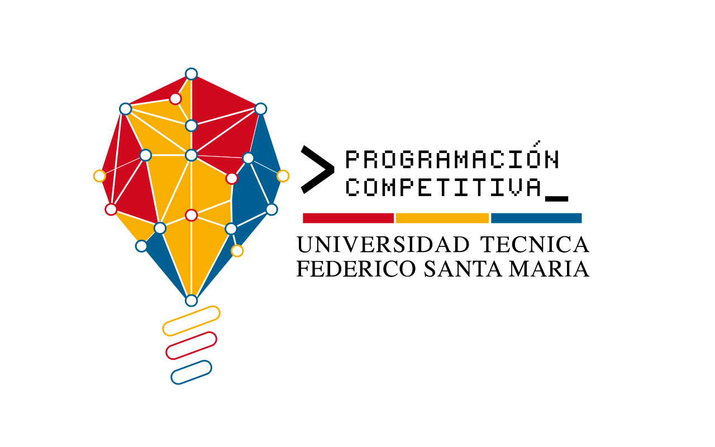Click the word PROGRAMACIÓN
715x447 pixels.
(x=451, y=160)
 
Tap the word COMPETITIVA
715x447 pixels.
(x=444, y=187)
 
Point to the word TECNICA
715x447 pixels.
(x=535, y=245)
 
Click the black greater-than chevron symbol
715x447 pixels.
(x=316, y=169)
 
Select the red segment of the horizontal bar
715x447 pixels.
(x=348, y=218)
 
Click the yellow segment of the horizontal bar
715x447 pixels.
(x=442, y=218)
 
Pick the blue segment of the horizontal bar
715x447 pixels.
(x=536, y=218)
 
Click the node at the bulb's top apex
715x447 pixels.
(x=192, y=74)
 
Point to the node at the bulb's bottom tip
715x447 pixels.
(x=192, y=301)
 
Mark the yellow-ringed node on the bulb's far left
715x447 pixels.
(x=99, y=176)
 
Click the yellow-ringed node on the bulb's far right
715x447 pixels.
(x=283, y=176)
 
